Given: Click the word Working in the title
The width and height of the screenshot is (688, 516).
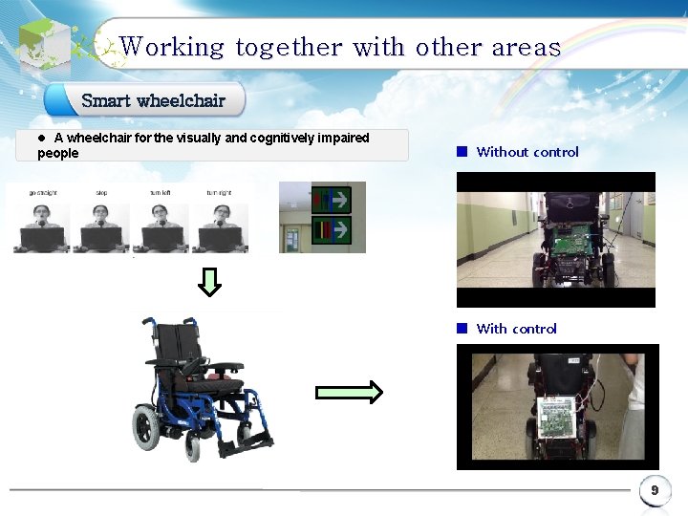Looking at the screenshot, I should click(172, 47).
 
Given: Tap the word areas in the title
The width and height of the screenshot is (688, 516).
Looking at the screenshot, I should click(526, 47).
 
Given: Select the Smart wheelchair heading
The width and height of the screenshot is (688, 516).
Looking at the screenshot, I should click(153, 100).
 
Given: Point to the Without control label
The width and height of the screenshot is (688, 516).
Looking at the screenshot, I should click(527, 152).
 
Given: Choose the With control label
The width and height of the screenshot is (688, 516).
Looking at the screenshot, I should click(516, 329).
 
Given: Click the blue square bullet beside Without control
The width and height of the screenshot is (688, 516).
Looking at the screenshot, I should click(461, 151).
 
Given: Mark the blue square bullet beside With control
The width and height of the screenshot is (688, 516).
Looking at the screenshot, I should click(461, 328).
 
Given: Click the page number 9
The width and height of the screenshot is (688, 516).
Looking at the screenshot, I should click(655, 490).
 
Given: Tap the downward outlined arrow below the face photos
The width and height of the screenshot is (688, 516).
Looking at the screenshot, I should click(211, 281).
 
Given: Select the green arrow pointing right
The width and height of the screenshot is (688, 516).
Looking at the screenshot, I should click(349, 392).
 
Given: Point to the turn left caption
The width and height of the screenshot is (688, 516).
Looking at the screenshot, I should click(161, 192).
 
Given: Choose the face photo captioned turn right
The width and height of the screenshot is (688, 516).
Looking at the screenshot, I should click(220, 226).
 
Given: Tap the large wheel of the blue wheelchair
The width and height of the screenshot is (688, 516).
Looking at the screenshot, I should click(148, 424).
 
